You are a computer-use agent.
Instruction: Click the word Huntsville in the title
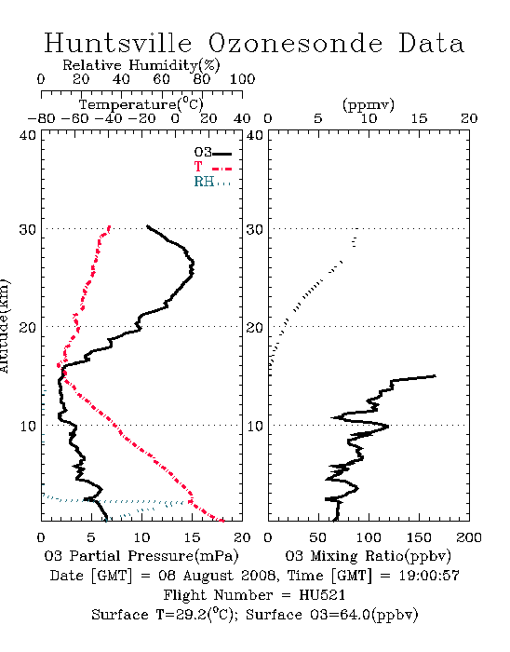click(x=118, y=43)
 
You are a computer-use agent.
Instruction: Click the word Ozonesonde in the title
click(x=295, y=43)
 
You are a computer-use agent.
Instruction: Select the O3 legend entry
click(x=213, y=153)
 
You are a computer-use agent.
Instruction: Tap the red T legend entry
click(x=213, y=167)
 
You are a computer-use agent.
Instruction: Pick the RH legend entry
click(x=212, y=182)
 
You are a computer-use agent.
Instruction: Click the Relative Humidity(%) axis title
click(x=141, y=65)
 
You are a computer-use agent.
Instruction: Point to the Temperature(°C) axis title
click(x=141, y=104)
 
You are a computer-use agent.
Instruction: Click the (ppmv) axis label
click(x=369, y=105)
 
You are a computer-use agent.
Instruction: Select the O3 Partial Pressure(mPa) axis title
click(x=141, y=556)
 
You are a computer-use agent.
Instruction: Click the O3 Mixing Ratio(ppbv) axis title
click(x=368, y=556)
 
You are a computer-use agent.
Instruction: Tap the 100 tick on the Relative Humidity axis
click(x=242, y=79)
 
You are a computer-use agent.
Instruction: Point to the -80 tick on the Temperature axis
click(x=41, y=119)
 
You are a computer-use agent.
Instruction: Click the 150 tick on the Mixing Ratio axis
click(x=419, y=537)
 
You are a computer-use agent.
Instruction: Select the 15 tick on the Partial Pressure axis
click(x=192, y=537)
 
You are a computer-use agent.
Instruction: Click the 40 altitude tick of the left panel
click(x=28, y=136)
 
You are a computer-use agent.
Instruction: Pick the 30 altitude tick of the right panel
click(x=255, y=229)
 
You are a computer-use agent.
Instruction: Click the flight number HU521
click(x=322, y=595)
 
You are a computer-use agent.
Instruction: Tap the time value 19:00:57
click(x=429, y=576)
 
